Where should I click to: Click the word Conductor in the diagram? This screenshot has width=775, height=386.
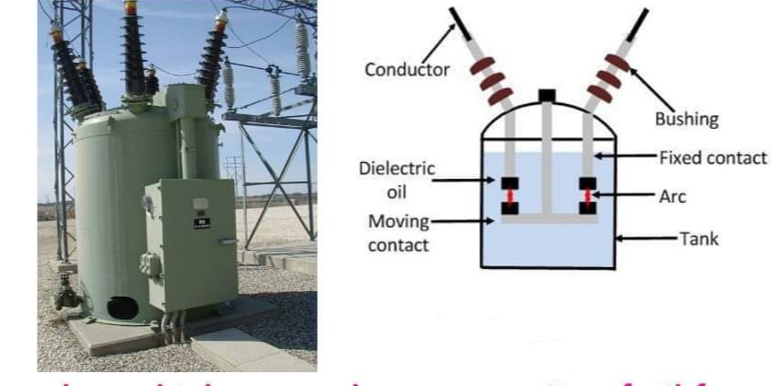pos(405,69)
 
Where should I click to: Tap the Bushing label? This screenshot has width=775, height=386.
pos(686,119)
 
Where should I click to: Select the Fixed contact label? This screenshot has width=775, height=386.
pos(711,157)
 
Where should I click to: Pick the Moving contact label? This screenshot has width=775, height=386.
pos(400,235)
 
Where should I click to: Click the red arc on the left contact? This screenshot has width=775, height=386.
pos(508,196)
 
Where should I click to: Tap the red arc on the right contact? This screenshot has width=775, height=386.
pos(587,196)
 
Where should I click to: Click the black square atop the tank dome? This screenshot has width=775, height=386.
pos(547,94)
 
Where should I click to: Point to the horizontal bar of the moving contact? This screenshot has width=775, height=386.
pos(547,220)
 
